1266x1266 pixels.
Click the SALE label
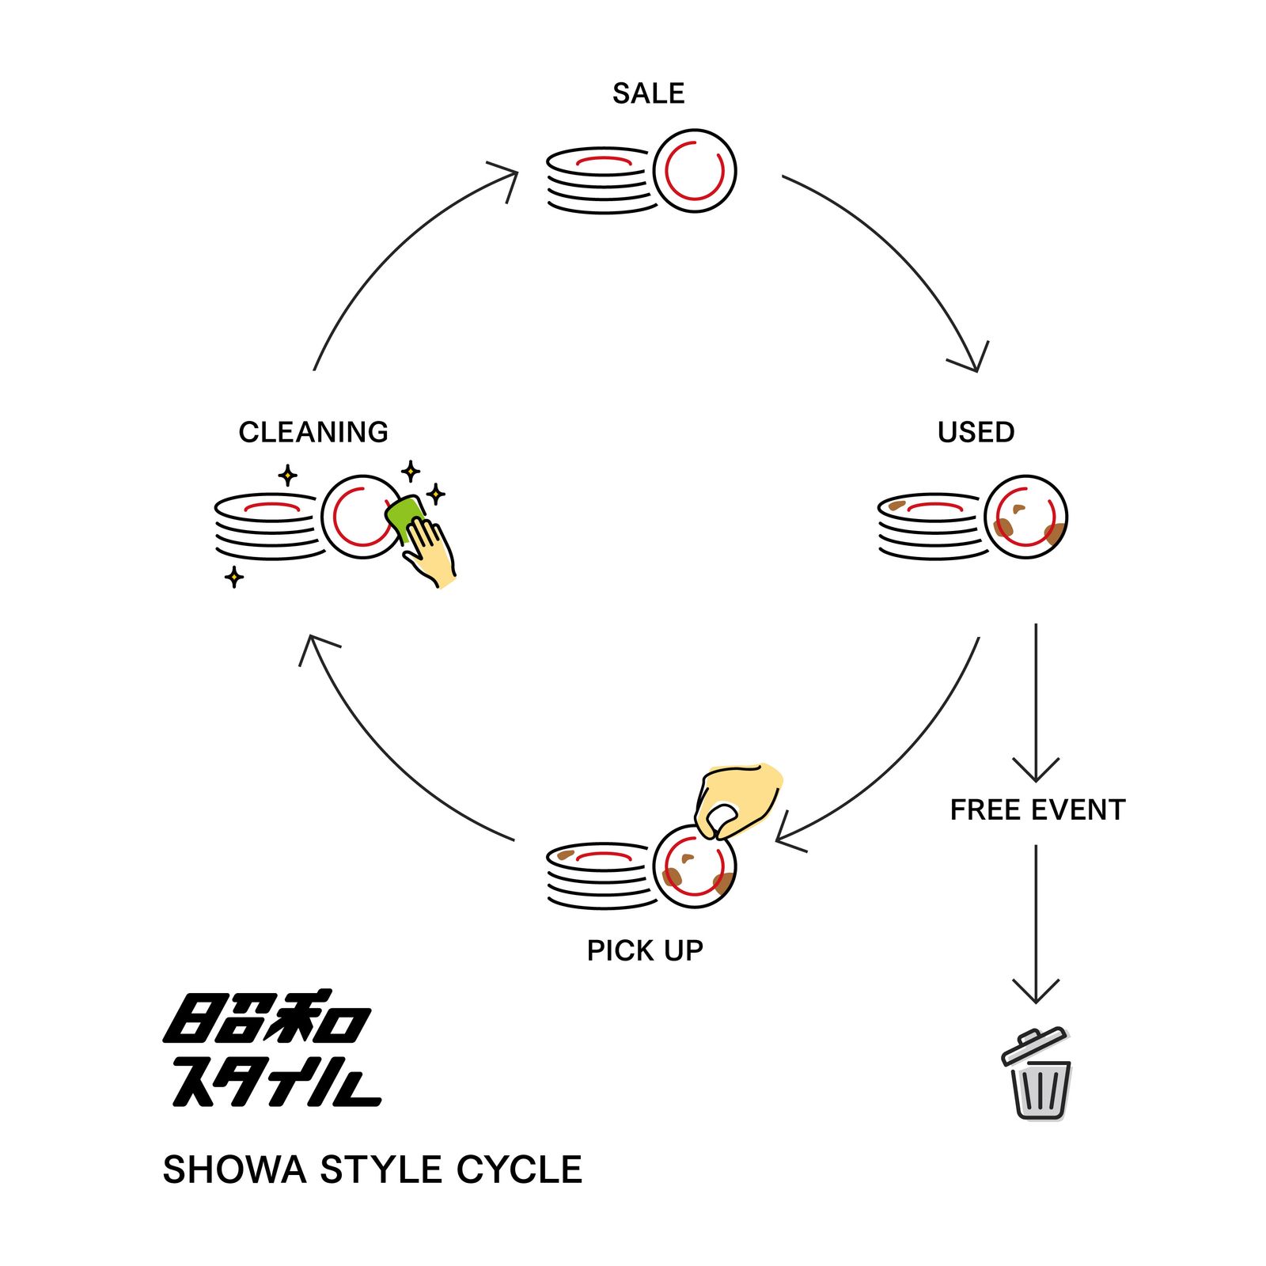click(648, 93)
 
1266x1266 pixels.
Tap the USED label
click(976, 432)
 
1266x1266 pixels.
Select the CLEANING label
click(313, 432)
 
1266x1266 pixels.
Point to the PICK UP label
click(645, 950)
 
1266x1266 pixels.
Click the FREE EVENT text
click(1037, 810)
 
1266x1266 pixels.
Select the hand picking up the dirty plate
click(737, 799)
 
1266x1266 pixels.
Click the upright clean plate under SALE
click(695, 171)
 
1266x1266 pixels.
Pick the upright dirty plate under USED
click(1026, 517)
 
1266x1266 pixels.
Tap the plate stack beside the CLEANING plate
click(268, 526)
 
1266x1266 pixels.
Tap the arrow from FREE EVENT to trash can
click(1036, 924)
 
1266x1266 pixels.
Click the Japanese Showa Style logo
click(272, 1049)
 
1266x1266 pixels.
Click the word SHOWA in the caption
click(234, 1169)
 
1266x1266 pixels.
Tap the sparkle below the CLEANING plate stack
click(234, 577)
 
